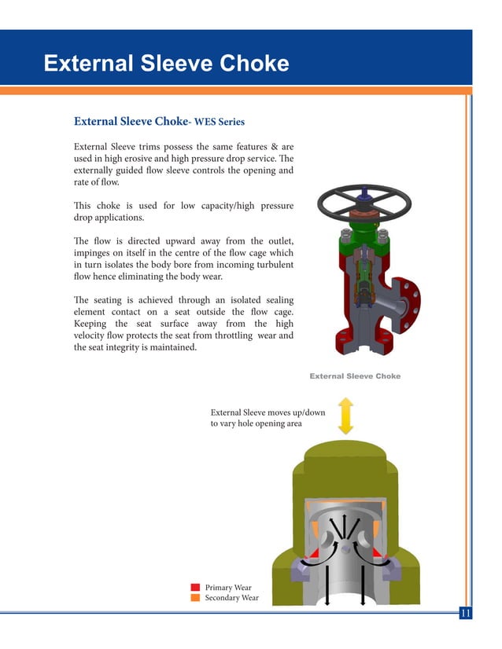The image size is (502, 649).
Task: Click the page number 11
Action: tap(464, 614)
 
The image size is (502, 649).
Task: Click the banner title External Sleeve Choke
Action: tap(166, 64)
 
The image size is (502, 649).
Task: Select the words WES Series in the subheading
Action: tap(220, 122)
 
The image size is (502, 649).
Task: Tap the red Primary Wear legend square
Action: tap(195, 587)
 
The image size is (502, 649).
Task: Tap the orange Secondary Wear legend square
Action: tap(195, 598)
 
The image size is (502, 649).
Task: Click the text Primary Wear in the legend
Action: tap(228, 587)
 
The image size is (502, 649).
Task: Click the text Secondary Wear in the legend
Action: tap(231, 598)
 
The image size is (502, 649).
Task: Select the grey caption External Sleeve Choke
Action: tap(355, 376)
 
